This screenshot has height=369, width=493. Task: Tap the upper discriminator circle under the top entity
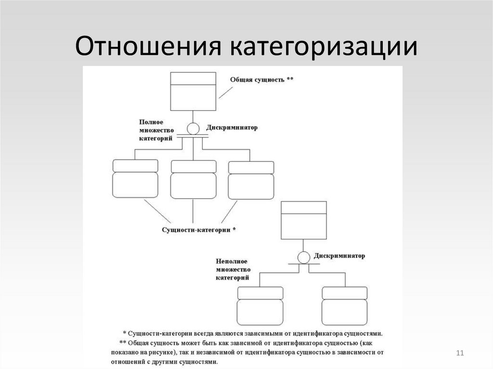pyautogui.click(x=193, y=129)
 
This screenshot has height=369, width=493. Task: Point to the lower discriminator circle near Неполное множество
pyautogui.click(x=304, y=258)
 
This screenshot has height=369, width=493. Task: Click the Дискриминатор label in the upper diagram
pyautogui.click(x=232, y=128)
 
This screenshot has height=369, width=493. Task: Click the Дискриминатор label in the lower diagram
pyautogui.click(x=339, y=256)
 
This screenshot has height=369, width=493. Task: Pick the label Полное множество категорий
pyautogui.click(x=154, y=130)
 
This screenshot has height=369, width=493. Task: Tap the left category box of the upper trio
pyautogui.click(x=135, y=178)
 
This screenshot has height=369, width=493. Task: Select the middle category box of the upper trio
pyautogui.click(x=193, y=178)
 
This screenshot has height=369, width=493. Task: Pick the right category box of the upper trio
pyautogui.click(x=251, y=178)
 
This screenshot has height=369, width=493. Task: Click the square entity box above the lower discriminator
pyautogui.click(x=304, y=219)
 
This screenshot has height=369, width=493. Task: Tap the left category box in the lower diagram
pyautogui.click(x=260, y=306)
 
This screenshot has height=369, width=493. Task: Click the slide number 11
pyautogui.click(x=459, y=354)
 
